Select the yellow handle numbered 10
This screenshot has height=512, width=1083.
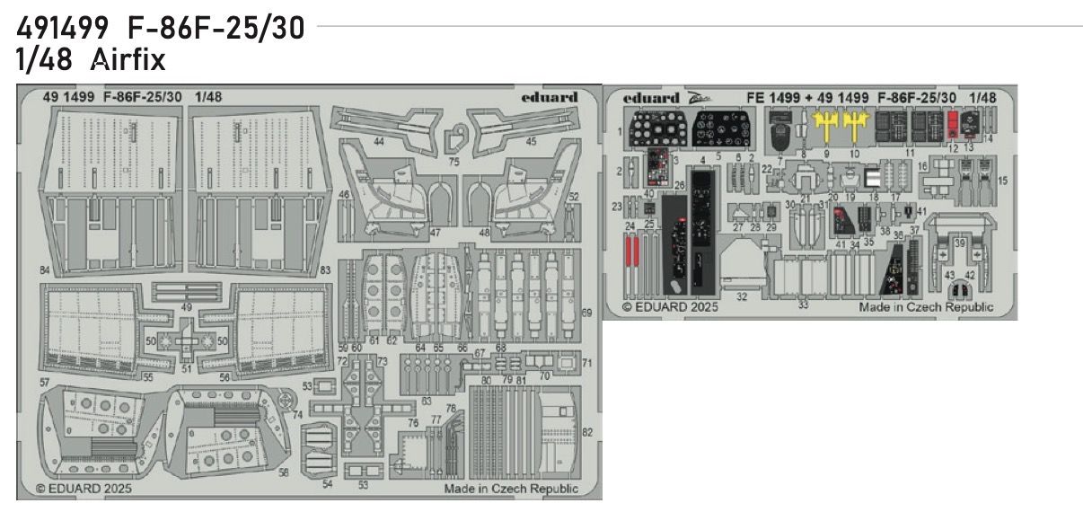click(x=856, y=125)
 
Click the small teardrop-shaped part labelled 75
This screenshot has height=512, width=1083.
click(x=454, y=138)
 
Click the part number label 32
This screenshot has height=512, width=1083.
click(x=742, y=296)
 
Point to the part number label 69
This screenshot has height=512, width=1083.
click(x=586, y=313)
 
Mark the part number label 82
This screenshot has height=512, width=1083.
click(x=587, y=432)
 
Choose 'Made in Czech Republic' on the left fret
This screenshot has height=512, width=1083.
click(x=511, y=489)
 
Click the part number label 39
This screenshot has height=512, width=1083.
click(x=960, y=243)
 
